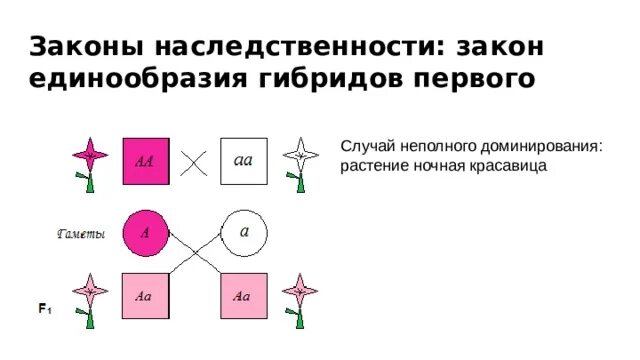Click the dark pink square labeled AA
click(x=145, y=161)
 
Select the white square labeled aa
click(x=243, y=161)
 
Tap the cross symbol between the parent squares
click(x=194, y=162)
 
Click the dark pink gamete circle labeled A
click(x=145, y=232)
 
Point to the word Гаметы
click(x=80, y=234)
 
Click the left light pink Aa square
click(x=145, y=296)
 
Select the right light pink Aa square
click(x=243, y=296)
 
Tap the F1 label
click(x=45, y=310)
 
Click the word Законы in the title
click(x=78, y=47)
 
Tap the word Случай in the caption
click(x=366, y=147)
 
